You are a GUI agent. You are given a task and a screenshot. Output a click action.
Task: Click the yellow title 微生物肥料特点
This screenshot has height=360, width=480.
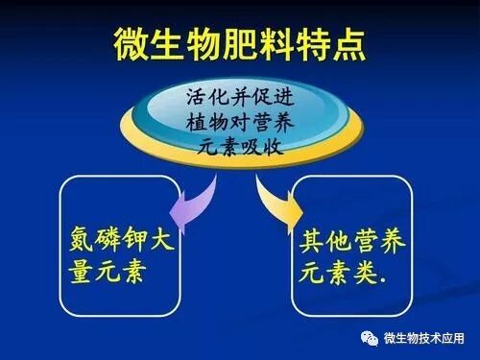[x=239, y=40]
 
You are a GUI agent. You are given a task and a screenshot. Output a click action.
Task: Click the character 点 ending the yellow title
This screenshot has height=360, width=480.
[x=347, y=40]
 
